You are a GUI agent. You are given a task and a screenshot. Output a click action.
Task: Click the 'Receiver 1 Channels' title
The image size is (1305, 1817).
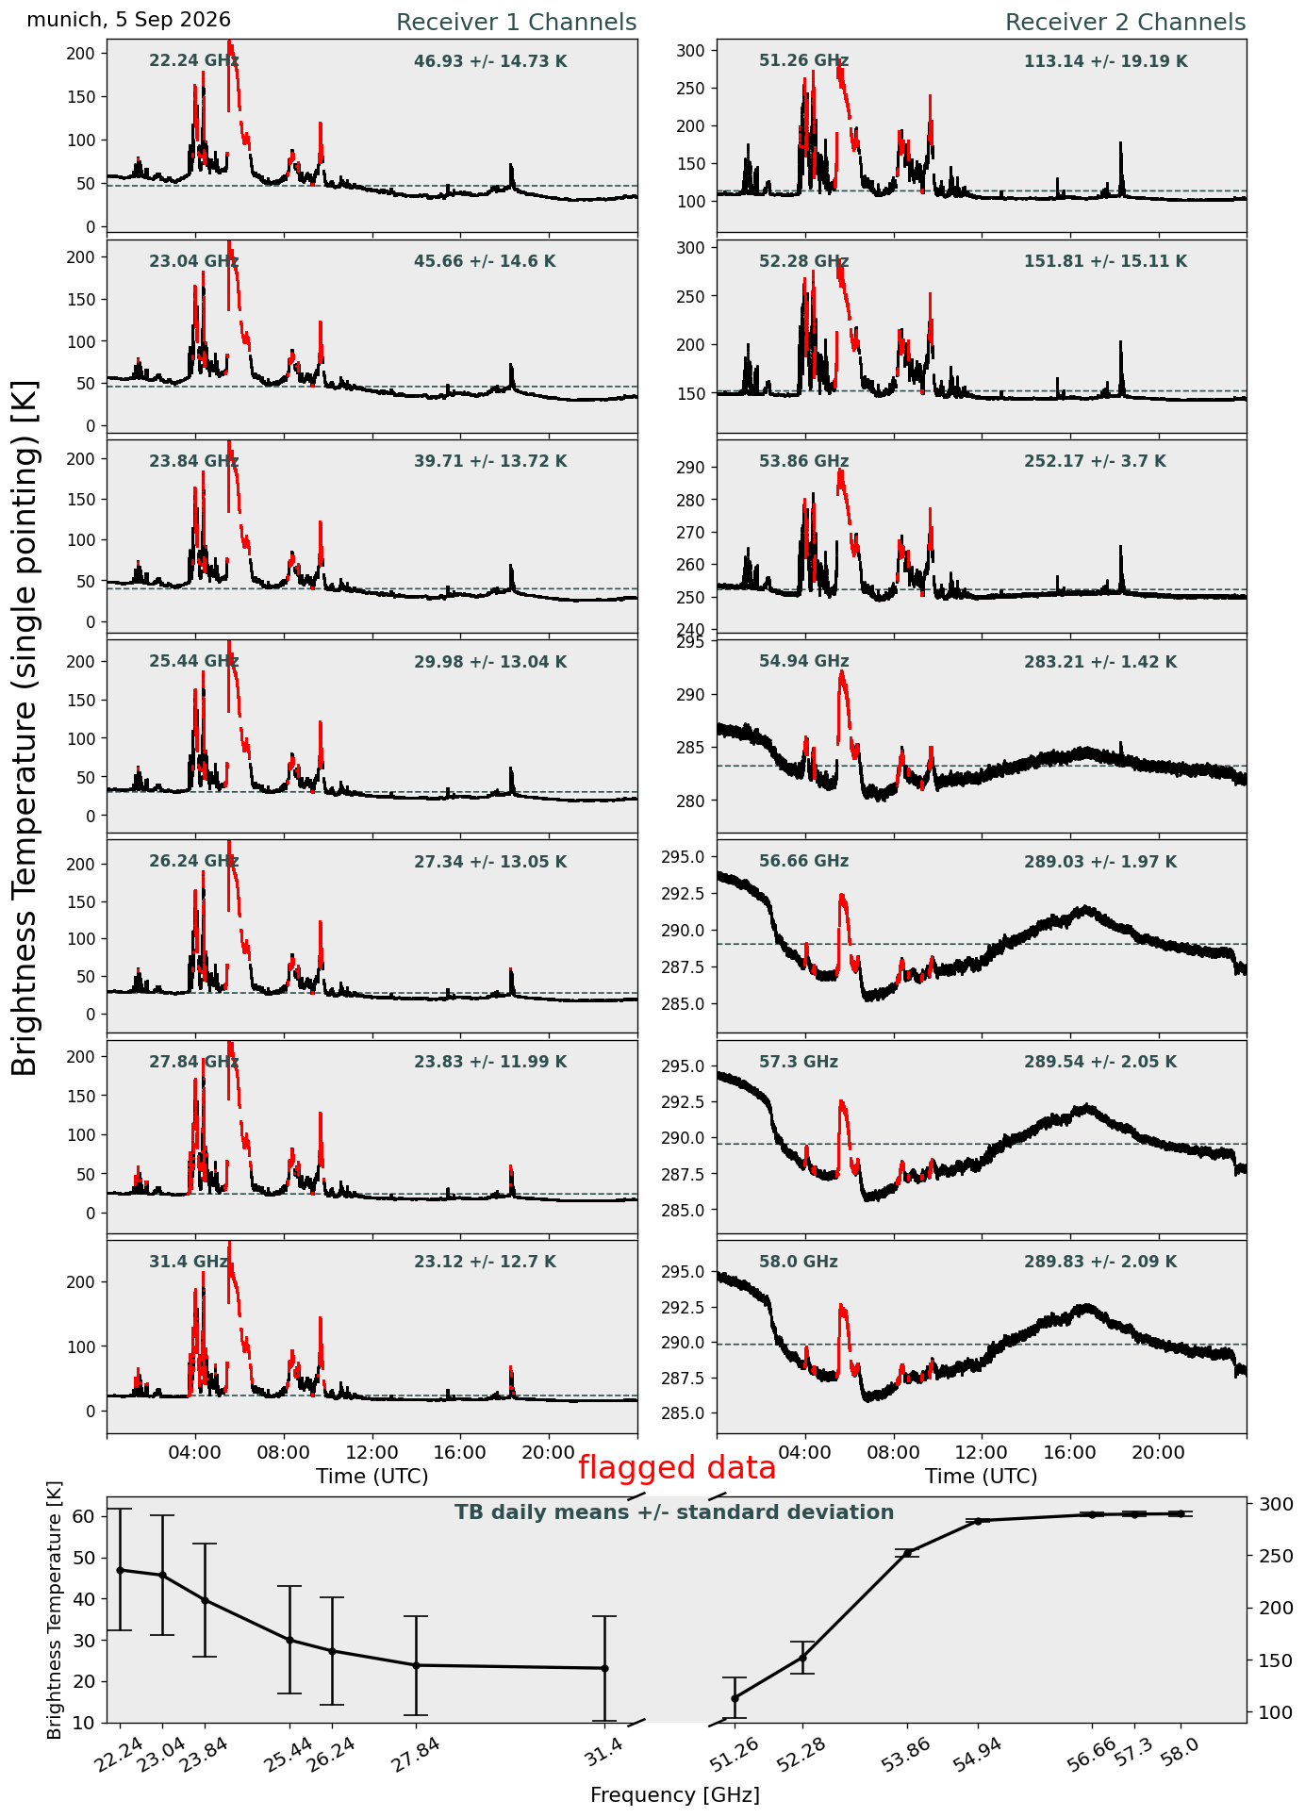[516, 23]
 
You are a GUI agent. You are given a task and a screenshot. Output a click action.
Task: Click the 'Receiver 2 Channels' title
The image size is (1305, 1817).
[1125, 23]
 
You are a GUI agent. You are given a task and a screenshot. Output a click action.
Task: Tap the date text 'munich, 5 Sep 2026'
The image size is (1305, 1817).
[128, 20]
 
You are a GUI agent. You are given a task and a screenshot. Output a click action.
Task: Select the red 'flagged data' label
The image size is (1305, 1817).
[677, 1468]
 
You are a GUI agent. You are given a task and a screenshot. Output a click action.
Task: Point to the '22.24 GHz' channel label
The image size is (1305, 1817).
[194, 61]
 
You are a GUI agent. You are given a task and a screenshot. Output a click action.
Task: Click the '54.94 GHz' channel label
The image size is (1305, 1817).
[803, 662]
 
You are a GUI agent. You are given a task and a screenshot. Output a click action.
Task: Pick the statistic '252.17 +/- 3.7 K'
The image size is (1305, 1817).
[1095, 462]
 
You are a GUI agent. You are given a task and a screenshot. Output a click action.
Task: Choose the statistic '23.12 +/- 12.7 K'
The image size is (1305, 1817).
[485, 1262]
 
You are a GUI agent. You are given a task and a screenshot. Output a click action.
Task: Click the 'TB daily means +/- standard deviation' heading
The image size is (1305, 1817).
[674, 1512]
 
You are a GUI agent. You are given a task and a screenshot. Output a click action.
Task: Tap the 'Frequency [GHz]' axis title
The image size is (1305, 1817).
[675, 1794]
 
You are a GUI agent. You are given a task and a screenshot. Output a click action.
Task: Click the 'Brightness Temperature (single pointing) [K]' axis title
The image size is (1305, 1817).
[25, 728]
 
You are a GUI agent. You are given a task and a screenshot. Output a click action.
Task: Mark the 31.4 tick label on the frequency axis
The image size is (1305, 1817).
[605, 1753]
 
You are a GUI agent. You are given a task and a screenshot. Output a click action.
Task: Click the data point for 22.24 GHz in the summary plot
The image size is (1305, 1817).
[120, 1570]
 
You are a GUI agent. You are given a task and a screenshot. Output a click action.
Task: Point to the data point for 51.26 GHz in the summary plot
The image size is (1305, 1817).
[735, 1698]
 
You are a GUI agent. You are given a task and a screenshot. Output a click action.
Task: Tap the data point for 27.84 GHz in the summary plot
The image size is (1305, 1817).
[416, 1665]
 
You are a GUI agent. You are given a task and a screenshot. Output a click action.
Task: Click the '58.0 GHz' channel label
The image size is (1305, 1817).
[798, 1262]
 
